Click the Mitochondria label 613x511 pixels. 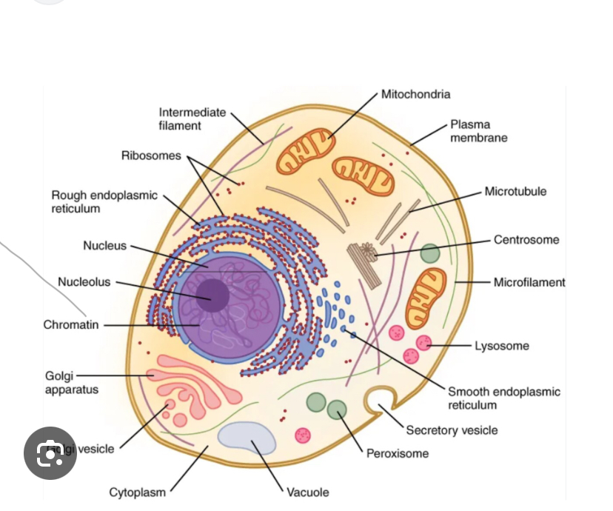415,94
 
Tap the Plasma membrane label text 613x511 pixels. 478,131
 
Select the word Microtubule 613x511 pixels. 515,191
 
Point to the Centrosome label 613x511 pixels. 526,239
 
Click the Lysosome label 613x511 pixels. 502,346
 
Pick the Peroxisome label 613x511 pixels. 398,453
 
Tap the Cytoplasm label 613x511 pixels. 138,492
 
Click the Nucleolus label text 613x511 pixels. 84,281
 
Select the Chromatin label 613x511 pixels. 71,324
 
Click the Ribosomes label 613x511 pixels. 151,156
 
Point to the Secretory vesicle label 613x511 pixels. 452,430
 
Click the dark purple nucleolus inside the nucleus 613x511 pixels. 213,295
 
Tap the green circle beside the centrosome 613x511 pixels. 429,253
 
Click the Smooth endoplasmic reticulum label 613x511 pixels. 503,398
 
